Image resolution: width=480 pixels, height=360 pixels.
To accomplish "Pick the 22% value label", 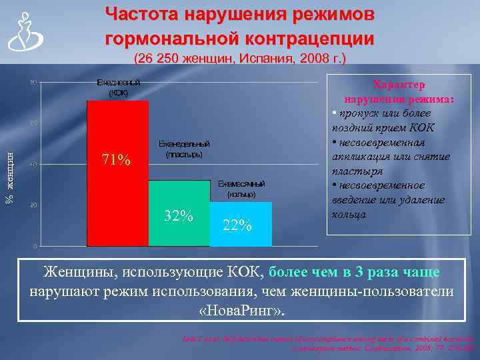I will click(237, 225).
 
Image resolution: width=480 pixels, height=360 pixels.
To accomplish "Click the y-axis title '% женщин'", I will click(9, 178).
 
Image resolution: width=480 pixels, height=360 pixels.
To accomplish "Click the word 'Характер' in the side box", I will click(399, 85).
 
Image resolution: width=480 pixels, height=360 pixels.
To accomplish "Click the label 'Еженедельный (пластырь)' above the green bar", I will click(184, 149).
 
